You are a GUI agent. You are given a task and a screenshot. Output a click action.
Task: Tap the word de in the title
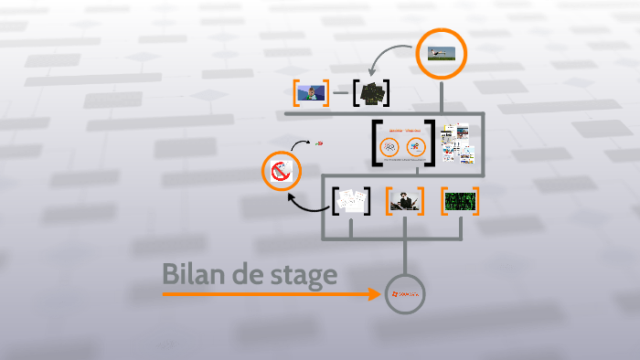click(x=241, y=274)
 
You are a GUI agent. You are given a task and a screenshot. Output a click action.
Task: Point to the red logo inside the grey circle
click(x=405, y=294)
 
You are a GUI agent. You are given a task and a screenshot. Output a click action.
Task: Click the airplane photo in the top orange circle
click(x=441, y=54)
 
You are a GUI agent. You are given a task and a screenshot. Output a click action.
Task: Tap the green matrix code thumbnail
click(x=460, y=200)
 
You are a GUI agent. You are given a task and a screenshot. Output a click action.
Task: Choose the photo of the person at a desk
click(x=403, y=201)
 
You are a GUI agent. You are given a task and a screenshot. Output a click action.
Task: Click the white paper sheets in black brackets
click(x=351, y=201)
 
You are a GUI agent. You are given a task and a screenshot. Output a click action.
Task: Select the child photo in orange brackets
click(x=311, y=93)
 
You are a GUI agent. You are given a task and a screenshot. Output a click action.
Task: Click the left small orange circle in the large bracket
click(x=389, y=146)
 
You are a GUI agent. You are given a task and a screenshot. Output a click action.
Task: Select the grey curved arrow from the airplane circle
click(x=388, y=53)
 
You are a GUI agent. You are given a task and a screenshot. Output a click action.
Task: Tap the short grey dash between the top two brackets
click(x=340, y=93)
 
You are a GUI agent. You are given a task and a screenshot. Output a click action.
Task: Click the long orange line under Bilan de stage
click(x=265, y=294)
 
